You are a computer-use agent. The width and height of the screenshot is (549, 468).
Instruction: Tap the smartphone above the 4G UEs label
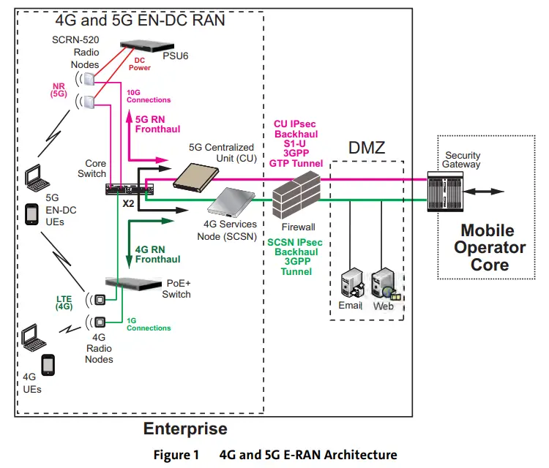click(48, 364)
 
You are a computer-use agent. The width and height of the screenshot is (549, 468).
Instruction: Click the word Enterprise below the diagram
click(184, 429)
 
